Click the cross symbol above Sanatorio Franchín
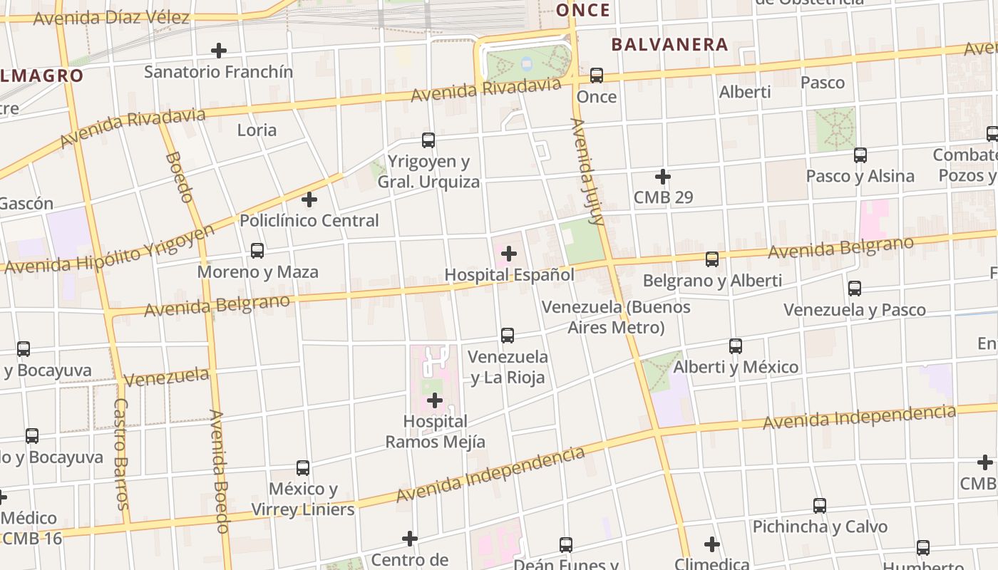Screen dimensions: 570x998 [x=219, y=51]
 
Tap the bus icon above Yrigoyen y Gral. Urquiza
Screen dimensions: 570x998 [x=428, y=140]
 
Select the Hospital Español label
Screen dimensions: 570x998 [x=509, y=274]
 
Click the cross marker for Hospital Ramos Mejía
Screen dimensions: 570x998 [x=435, y=401]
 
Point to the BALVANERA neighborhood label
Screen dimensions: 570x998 [x=670, y=45]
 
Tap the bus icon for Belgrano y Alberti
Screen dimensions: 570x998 [x=712, y=259]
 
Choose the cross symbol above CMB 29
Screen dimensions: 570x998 [x=663, y=176]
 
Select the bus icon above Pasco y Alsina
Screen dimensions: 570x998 [x=860, y=155]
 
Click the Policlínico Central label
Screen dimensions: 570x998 [x=309, y=220]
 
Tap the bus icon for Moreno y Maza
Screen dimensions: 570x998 [x=257, y=251]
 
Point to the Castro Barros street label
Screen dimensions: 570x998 [x=121, y=454]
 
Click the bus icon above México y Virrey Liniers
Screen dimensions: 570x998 [x=303, y=468]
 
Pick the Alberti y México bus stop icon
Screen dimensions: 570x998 [x=736, y=346]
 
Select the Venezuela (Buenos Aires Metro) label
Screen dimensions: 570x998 [x=616, y=317]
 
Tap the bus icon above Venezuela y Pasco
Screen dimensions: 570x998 [x=855, y=289]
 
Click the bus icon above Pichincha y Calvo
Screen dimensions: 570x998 [x=820, y=506]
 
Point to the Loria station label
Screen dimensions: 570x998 [x=257, y=130]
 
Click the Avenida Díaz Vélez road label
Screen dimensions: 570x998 [x=111, y=18]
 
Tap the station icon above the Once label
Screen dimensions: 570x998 [x=597, y=76]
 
